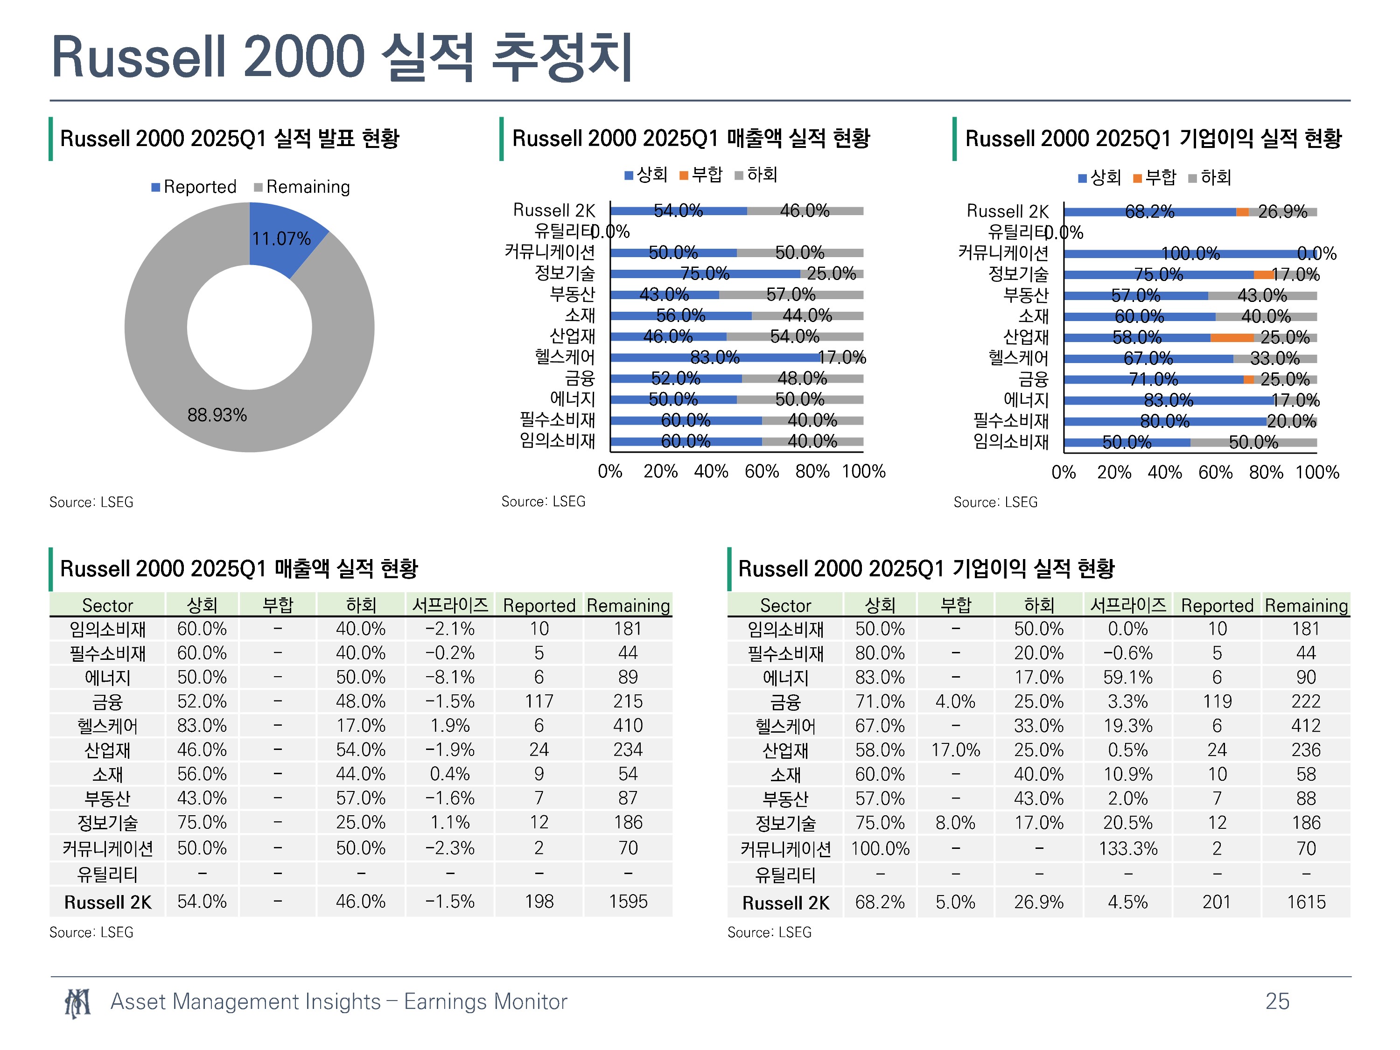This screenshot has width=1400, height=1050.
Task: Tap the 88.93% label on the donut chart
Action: pyautogui.click(x=217, y=415)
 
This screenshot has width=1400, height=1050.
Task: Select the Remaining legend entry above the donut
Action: pyautogui.click(x=302, y=187)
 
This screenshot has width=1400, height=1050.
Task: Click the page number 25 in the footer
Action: pyautogui.click(x=1277, y=1001)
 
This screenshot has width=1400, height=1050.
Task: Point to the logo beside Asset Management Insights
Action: pyautogui.click(x=78, y=1002)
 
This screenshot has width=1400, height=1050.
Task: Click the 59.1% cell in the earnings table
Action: pyautogui.click(x=1128, y=677)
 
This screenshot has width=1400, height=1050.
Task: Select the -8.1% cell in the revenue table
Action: pyautogui.click(x=450, y=677)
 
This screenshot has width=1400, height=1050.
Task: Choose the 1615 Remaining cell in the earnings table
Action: pyautogui.click(x=1306, y=902)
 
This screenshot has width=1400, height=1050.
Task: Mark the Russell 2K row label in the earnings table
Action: pyautogui.click(x=785, y=903)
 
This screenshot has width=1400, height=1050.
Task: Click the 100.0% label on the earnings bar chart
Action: pyautogui.click(x=1190, y=254)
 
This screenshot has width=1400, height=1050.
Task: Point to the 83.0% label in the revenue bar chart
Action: pyautogui.click(x=714, y=357)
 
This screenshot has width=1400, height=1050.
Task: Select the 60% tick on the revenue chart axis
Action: pyautogui.click(x=762, y=471)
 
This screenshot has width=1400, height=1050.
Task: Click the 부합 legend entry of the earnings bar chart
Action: pyautogui.click(x=1155, y=177)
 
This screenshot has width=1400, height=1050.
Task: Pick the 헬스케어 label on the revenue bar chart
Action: pyautogui.click(x=565, y=357)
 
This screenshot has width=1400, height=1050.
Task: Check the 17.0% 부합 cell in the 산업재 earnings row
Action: pyautogui.click(x=955, y=750)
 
